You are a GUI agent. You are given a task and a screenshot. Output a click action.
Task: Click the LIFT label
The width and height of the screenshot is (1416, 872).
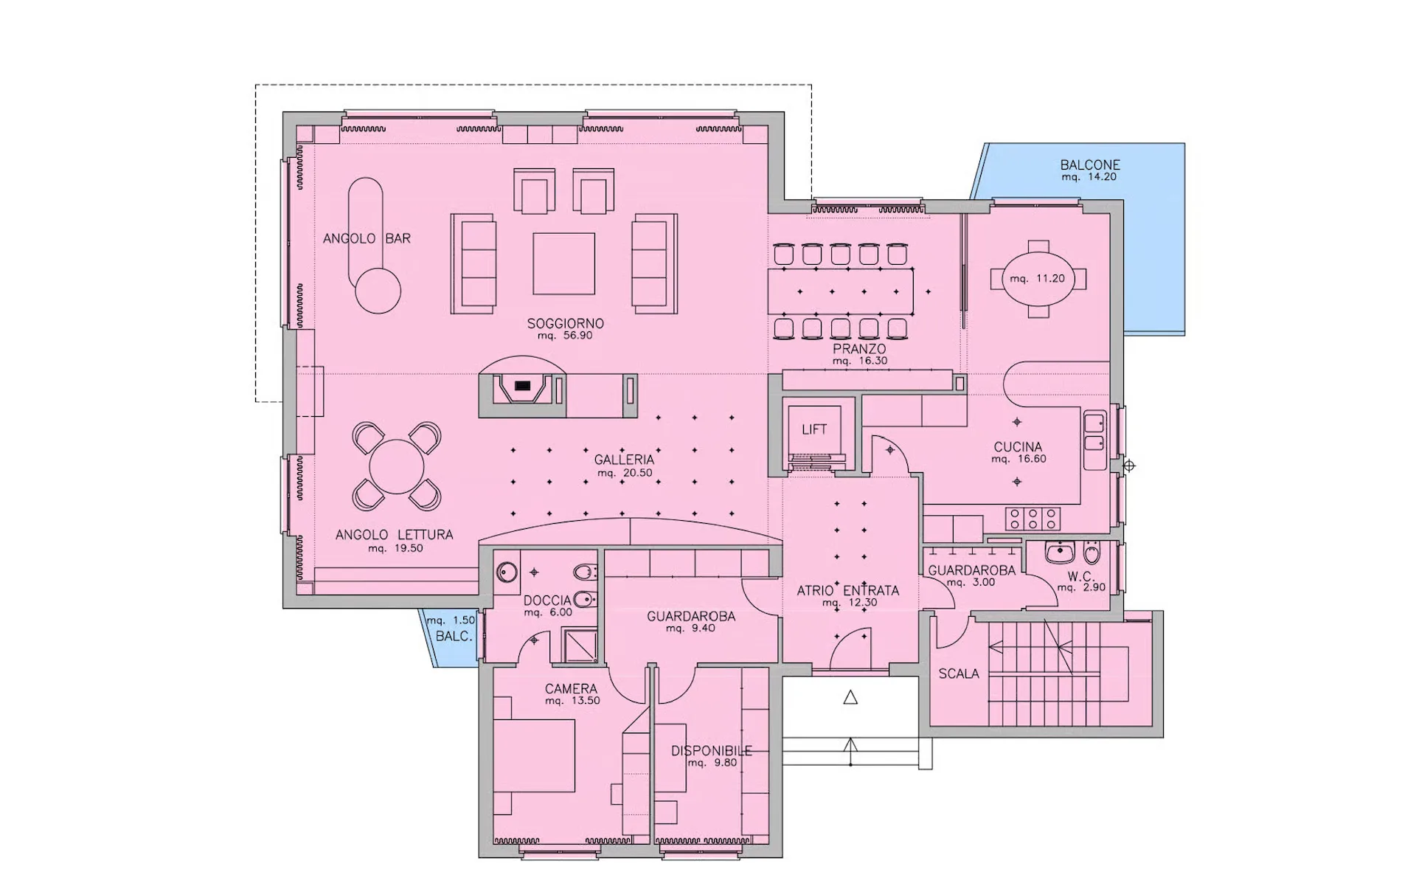814,429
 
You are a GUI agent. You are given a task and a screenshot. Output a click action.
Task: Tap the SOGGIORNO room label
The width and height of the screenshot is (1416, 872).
565,323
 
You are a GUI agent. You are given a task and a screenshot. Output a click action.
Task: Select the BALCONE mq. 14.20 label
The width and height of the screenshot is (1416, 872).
1090,170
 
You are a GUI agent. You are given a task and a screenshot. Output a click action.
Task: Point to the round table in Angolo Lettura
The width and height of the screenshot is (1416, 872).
397,467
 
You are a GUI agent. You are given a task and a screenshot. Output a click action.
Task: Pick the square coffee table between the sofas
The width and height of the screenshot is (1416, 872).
564,263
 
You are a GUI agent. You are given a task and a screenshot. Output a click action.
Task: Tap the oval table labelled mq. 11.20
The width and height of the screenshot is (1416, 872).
1038,279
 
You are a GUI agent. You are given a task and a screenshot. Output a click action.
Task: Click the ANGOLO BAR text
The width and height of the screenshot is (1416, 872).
367,238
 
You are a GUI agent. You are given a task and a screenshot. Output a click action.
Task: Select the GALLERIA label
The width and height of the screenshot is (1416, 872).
624,460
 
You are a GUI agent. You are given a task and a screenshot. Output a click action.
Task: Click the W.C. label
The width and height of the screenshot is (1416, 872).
1080,577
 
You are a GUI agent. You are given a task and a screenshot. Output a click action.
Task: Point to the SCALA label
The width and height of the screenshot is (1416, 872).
959,674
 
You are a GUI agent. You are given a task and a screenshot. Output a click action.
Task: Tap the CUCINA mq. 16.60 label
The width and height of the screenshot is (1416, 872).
1018,452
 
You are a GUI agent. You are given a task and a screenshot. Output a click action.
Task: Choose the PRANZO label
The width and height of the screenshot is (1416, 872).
859,348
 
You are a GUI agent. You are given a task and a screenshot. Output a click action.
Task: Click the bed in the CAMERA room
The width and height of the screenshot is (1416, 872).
534,755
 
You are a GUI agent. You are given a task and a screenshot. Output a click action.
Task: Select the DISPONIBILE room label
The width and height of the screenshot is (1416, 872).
712,751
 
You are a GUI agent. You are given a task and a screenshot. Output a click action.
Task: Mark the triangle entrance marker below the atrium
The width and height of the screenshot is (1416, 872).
850,697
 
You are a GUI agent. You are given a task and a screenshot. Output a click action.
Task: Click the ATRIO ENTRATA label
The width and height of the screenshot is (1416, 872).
848,590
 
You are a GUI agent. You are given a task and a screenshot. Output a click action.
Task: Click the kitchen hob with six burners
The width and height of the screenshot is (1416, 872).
1032,518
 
